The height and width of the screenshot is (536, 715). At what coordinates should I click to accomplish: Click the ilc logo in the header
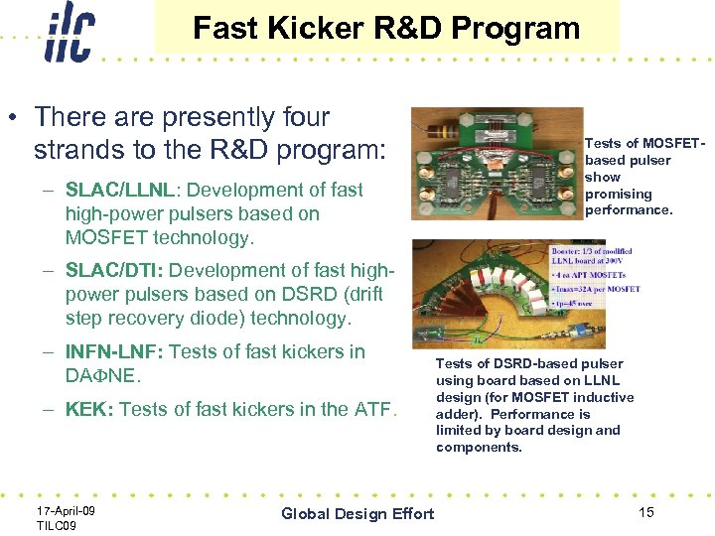tap(69, 32)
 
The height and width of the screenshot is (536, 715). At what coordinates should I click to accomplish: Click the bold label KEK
tap(88, 409)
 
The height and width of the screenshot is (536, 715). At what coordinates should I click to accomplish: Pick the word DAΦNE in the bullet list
tap(103, 376)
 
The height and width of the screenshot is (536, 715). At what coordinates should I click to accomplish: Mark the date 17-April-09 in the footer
tap(66, 509)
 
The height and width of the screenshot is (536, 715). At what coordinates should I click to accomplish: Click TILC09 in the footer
tap(57, 524)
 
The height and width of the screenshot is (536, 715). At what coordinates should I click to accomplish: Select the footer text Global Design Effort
tap(357, 513)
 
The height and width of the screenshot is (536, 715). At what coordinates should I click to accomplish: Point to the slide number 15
tap(645, 512)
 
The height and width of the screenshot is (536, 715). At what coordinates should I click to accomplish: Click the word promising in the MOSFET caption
tap(618, 194)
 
